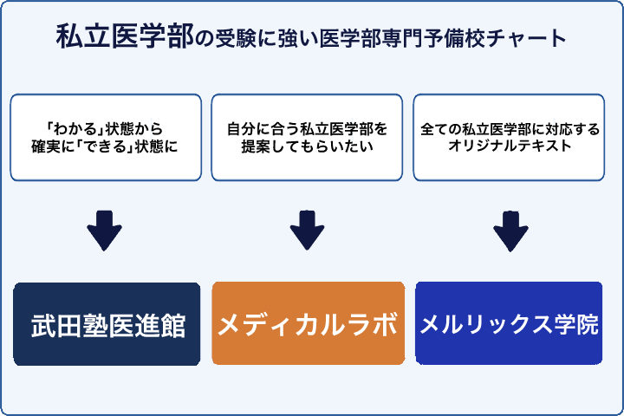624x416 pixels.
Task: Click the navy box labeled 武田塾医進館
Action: pyautogui.click(x=107, y=324)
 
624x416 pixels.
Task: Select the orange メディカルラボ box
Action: pyautogui.click(x=308, y=324)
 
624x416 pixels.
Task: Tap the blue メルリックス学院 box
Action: pyautogui.click(x=509, y=324)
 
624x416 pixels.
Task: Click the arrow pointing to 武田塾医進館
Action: pyautogui.click(x=105, y=230)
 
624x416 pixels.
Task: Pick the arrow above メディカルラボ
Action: pyautogui.click(x=307, y=230)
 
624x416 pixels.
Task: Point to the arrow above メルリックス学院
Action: pyautogui.click(x=510, y=230)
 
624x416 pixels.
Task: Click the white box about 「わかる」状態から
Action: pyautogui.click(x=107, y=137)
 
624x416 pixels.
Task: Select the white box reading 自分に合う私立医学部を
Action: pyautogui.click(x=307, y=137)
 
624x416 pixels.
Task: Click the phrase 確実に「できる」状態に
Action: pyautogui.click(x=107, y=147)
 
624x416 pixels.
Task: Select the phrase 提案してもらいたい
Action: pyautogui.click(x=307, y=147)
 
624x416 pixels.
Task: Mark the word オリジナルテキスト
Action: pyautogui.click(x=510, y=147)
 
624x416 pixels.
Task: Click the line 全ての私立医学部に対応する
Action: pyautogui.click(x=510, y=128)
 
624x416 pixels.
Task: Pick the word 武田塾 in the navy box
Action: pyautogui.click(x=69, y=325)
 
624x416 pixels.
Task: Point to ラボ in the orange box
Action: pyautogui.click(x=374, y=325)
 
